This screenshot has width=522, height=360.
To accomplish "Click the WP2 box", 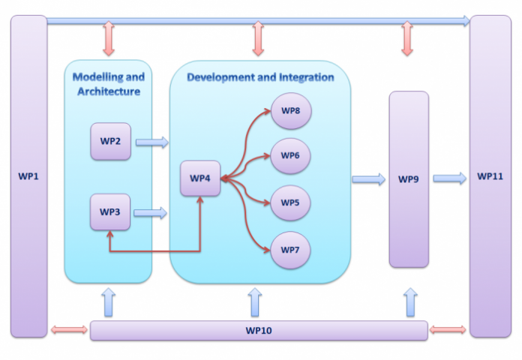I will pos(110,141).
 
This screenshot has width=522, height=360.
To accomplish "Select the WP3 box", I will pos(110,212).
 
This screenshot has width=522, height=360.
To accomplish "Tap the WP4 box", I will pos(200,178).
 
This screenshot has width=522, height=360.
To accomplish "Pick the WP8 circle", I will pos(290,111).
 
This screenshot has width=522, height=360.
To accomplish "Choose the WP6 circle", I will pos(290,156).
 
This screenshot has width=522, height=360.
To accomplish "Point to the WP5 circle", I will pos(290,202).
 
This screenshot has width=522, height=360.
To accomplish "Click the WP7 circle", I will pos(290,248).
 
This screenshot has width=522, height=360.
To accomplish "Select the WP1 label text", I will pos(28,177).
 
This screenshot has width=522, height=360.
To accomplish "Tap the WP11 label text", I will pos(490,177).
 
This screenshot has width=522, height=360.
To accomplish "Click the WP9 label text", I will pos(409,179).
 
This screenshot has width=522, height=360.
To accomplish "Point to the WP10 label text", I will pos(259,331).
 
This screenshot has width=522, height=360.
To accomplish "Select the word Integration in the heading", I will pos(304,76).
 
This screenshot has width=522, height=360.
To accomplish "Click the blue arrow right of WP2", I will pos(152,142).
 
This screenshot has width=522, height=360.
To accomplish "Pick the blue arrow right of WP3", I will pos(150,213).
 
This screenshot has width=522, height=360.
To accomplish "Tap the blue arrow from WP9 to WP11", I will pos(449,178).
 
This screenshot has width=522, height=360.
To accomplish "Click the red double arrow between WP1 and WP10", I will pos(69,330).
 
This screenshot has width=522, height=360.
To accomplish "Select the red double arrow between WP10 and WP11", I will pos(448,330).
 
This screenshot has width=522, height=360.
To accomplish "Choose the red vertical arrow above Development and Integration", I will pos(259,39).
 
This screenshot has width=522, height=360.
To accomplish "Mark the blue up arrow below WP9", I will pos(409,301).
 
